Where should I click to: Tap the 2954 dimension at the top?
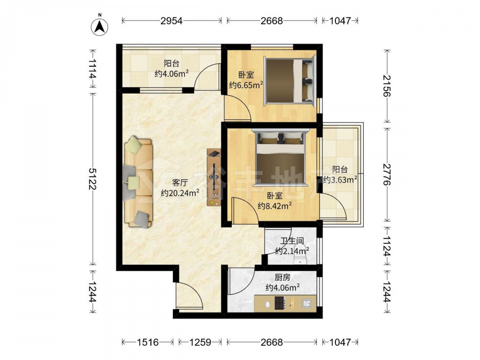[x=172, y=21]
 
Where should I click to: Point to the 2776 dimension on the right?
[x=387, y=174]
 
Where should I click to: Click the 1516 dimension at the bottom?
[x=147, y=342]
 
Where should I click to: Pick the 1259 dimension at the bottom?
[x=200, y=342]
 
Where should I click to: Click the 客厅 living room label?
[x=180, y=183]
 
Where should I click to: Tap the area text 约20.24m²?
[x=180, y=193]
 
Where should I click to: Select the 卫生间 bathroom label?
[x=292, y=241]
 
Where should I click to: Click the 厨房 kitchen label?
[x=282, y=277]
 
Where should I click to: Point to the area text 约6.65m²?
[x=246, y=85]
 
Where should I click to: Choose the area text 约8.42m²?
[x=275, y=206]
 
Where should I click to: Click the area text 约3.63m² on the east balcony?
[x=340, y=180]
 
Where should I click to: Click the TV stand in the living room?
[x=214, y=177]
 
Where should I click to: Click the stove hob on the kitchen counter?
[x=280, y=303]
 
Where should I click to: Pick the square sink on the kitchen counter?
[x=306, y=303]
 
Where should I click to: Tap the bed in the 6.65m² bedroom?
[x=289, y=81]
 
